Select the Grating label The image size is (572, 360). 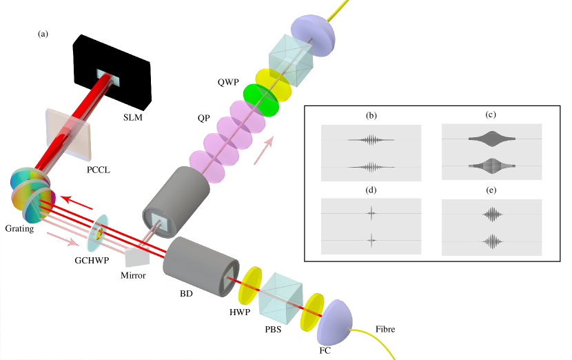tap(18, 229)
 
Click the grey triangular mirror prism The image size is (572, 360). tap(137, 256)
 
